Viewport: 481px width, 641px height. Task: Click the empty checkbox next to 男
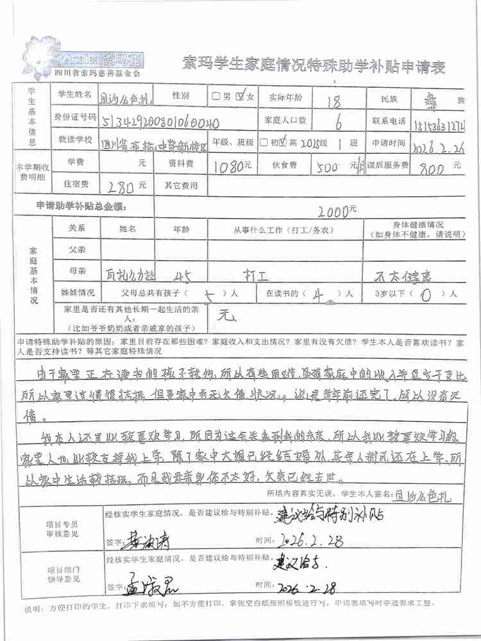(216, 97)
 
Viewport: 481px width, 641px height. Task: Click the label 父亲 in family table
(77, 249)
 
